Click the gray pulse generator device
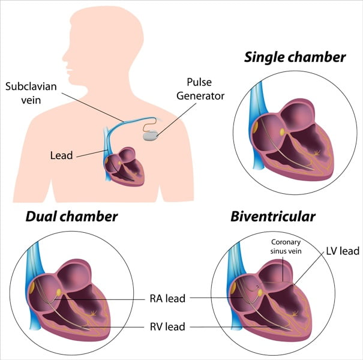click(x=151, y=136)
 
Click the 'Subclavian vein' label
click(x=31, y=93)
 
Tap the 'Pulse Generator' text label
click(x=200, y=89)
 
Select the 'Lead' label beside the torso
click(x=62, y=155)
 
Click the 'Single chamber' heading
click(x=295, y=57)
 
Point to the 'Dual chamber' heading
click(x=71, y=217)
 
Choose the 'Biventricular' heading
click(x=273, y=217)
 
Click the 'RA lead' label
click(x=167, y=299)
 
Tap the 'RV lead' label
click(x=167, y=326)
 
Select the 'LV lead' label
click(x=343, y=251)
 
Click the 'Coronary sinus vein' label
click(x=286, y=247)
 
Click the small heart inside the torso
click(x=124, y=166)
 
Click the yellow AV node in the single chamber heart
click(x=282, y=132)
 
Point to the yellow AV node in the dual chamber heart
click(x=59, y=292)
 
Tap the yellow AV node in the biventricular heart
click(x=260, y=293)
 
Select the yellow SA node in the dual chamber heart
click(x=32, y=288)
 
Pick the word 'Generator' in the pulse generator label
click(x=200, y=96)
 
